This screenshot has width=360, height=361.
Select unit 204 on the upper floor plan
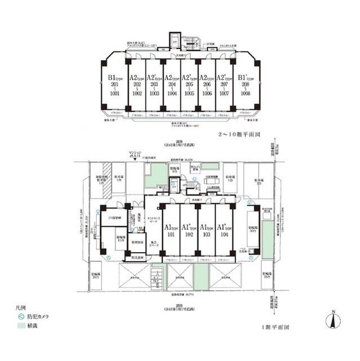pos(171,85)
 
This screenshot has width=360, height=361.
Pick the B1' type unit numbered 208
pos(244,85)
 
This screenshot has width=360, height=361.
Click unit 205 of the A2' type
pos(189,85)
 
